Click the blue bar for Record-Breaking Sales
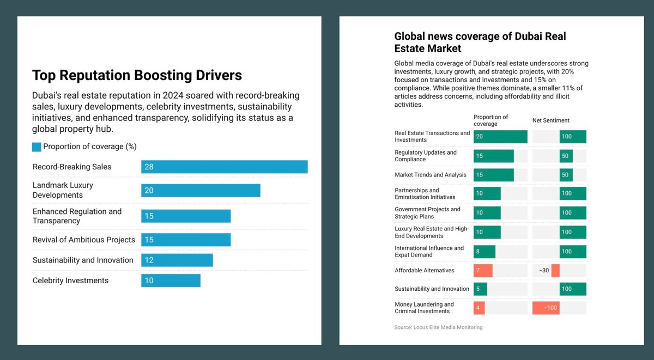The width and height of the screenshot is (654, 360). pyautogui.click(x=224, y=167)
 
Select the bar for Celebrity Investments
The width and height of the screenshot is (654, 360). pyautogui.click(x=171, y=280)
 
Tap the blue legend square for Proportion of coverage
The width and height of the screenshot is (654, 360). pyautogui.click(x=37, y=147)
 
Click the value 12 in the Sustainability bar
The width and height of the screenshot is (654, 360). pyautogui.click(x=149, y=260)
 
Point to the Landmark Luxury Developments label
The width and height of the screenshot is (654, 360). pyautogui.click(x=63, y=190)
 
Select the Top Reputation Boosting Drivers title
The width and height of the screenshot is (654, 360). pyautogui.click(x=137, y=75)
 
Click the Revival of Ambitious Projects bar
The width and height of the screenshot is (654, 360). pyautogui.click(x=186, y=240)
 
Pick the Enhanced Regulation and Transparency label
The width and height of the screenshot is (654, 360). pyautogui.click(x=77, y=216)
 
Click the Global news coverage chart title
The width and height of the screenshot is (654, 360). pyautogui.click(x=480, y=42)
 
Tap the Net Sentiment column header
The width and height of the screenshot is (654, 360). pyautogui.click(x=550, y=120)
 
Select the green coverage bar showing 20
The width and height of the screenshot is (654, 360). pyautogui.click(x=500, y=137)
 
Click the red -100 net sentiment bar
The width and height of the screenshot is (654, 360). pyautogui.click(x=546, y=308)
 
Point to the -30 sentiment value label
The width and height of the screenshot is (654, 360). pyautogui.click(x=543, y=271)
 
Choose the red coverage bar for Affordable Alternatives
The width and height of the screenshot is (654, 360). pyautogui.click(x=483, y=271)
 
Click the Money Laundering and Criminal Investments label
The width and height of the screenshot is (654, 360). pyautogui.click(x=424, y=308)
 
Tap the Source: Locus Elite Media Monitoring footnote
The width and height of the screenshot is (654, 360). pyautogui.click(x=438, y=327)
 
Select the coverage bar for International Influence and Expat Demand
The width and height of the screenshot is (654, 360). pyautogui.click(x=484, y=252)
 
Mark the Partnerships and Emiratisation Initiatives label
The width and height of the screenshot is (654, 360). pyautogui.click(x=425, y=194)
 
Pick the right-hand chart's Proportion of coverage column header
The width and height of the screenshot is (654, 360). pyautogui.click(x=491, y=120)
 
